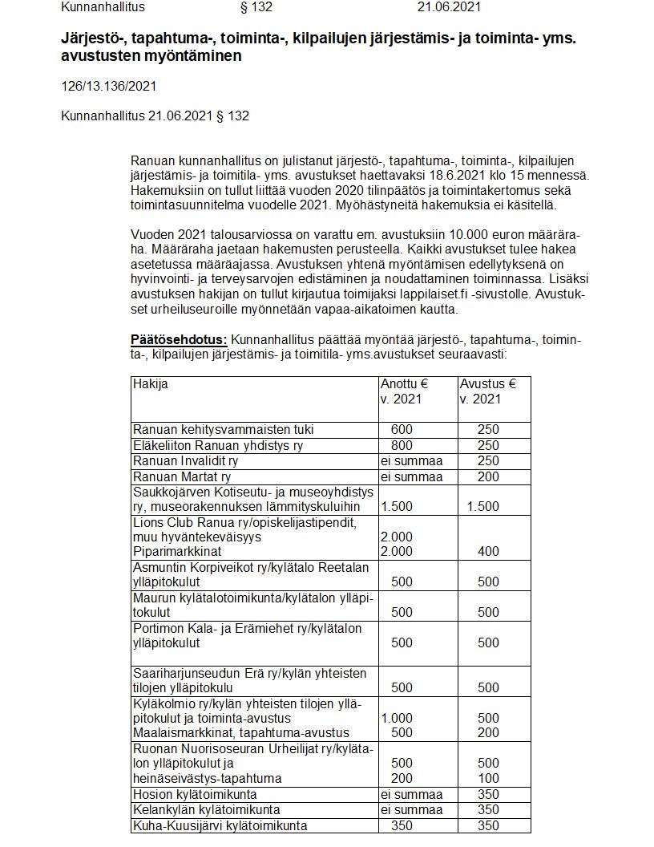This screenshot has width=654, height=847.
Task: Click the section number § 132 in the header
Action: [256, 8]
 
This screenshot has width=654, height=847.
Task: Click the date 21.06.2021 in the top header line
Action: [450, 8]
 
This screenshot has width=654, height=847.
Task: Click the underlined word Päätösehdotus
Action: [179, 341]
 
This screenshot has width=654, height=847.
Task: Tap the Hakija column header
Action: [150, 384]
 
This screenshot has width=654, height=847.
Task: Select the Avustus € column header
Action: [487, 384]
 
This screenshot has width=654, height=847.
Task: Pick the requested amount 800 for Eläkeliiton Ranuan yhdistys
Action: [402, 445]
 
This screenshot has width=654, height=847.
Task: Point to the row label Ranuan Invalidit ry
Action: [186, 461]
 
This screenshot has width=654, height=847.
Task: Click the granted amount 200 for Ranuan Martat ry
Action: [487, 476]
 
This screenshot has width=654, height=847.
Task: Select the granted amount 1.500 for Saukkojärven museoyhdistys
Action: [482, 507]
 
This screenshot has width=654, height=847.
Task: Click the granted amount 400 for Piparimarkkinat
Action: [487, 552]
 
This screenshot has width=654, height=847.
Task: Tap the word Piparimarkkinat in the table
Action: [178, 552]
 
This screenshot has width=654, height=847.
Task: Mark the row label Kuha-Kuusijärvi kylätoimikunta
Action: [220, 825]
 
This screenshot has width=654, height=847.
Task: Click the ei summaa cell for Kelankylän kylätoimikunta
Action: [412, 810]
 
